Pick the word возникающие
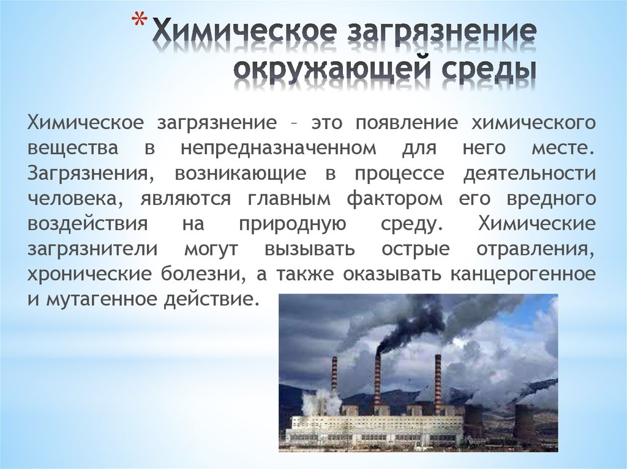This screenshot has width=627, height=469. point(240,174)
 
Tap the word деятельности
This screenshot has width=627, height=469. point(528,174)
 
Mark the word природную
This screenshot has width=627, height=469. point(290,224)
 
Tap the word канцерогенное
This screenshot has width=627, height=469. point(522,275)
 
